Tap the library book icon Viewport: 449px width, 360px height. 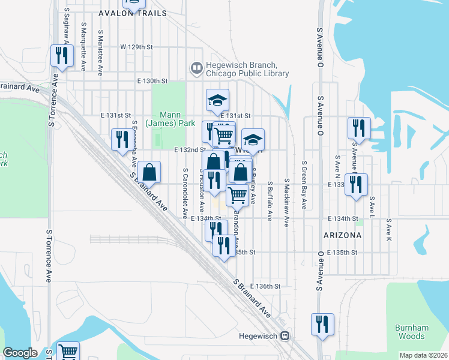pyautogui.click(x=196, y=68)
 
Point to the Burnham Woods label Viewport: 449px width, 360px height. pyautogui.click(x=412, y=332)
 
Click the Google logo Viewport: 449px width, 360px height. pyautogui.click(x=20, y=353)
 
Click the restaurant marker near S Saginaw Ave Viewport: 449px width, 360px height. pyautogui.click(x=61, y=56)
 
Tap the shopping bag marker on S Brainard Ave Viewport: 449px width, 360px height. pyautogui.click(x=149, y=172)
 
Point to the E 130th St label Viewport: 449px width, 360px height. pyautogui.click(x=152, y=80)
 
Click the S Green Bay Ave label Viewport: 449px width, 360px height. pyautogui.click(x=305, y=185)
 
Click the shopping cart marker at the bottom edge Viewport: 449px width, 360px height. pyautogui.click(x=68, y=352)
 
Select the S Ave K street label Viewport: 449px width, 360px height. pyautogui.click(x=389, y=230)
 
